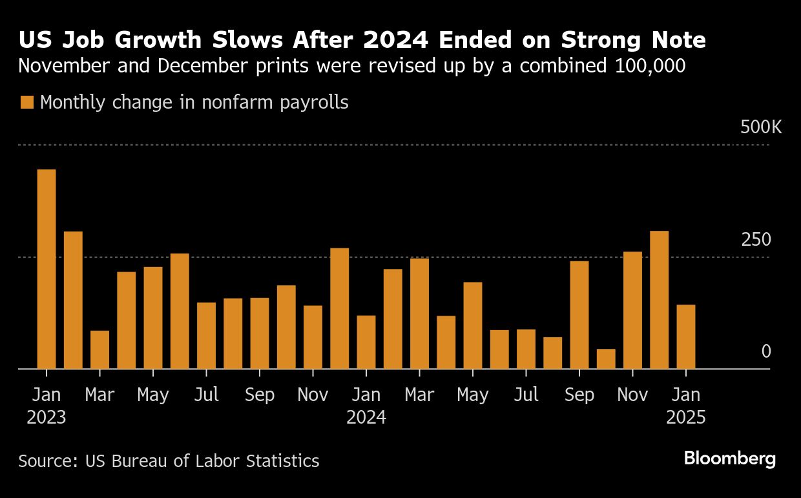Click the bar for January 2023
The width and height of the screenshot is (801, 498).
pos(47,269)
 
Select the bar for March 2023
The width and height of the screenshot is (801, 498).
pos(99,350)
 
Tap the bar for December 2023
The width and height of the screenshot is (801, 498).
pos(340,309)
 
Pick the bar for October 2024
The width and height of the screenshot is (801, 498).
pos(606,359)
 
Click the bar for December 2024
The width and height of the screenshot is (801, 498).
pos(659,300)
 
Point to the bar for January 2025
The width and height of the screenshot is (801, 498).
pos(686,337)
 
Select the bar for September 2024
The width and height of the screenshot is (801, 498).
pos(579,315)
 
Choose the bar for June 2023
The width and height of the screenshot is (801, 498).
pos(180,311)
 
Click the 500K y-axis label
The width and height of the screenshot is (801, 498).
pos(760,127)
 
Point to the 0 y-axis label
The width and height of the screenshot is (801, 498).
pos(766,352)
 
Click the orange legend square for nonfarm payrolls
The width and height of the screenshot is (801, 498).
pos(26,102)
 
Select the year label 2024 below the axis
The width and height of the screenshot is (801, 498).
pos(366,418)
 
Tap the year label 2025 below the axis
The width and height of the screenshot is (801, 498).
pos(686,418)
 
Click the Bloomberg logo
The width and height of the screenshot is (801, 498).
pos(729,459)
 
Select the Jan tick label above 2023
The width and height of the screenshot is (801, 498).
pos(47,395)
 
